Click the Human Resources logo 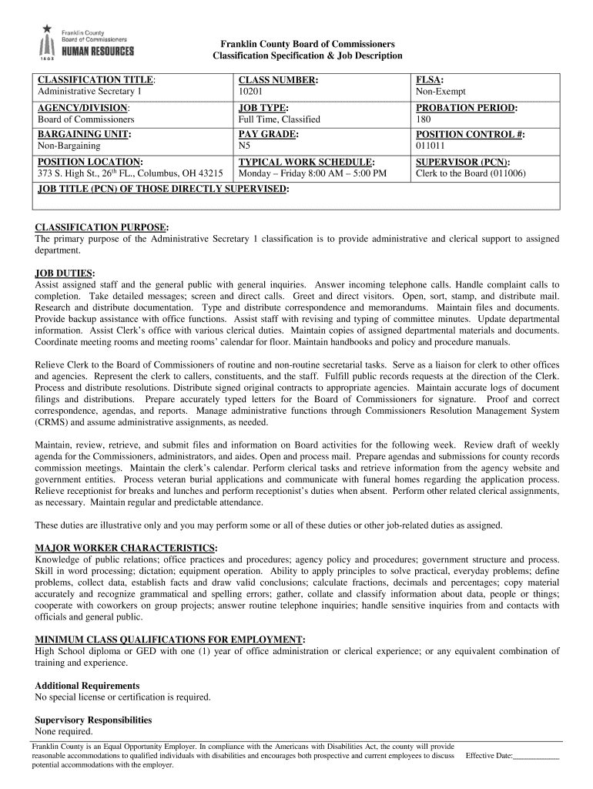(x=86, y=42)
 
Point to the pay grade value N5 (x=244, y=146)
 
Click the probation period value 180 (x=424, y=119)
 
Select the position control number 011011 (x=429, y=146)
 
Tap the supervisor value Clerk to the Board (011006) (x=471, y=173)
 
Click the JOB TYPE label (x=263, y=108)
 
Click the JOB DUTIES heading (x=65, y=273)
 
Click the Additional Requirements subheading (x=87, y=685)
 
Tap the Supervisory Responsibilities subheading (x=93, y=720)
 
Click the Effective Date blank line (x=536, y=757)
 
